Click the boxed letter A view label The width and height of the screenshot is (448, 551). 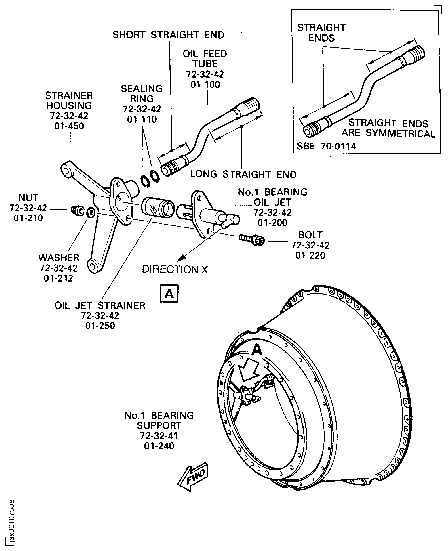(x=169, y=294)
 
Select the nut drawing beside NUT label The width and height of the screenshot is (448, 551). (x=77, y=210)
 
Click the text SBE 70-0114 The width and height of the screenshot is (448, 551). (x=326, y=146)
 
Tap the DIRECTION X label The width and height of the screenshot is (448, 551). (x=175, y=269)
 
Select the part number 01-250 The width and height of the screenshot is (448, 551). (x=100, y=326)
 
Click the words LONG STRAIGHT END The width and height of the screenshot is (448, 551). (x=243, y=174)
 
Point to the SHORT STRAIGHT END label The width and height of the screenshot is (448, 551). (x=168, y=35)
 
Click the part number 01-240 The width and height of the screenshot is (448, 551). (x=159, y=446)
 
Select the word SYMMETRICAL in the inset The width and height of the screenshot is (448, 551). (x=400, y=134)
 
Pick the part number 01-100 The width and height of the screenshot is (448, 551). (x=205, y=84)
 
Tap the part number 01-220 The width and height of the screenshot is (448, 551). (x=310, y=255)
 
